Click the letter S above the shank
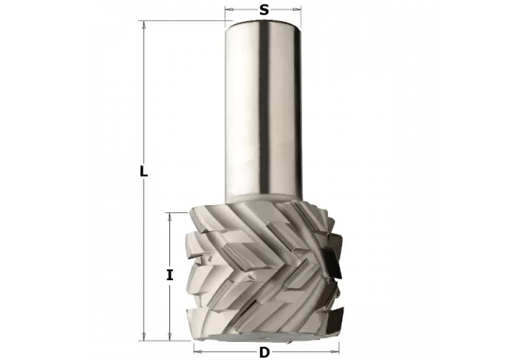(264, 10)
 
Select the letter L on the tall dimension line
(143, 172)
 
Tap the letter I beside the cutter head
(169, 274)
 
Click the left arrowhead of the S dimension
(228, 10)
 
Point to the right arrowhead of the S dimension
(298, 10)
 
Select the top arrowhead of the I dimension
(169, 216)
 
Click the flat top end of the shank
(264, 22)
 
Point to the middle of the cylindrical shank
(264, 108)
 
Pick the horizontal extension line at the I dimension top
(180, 212)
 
